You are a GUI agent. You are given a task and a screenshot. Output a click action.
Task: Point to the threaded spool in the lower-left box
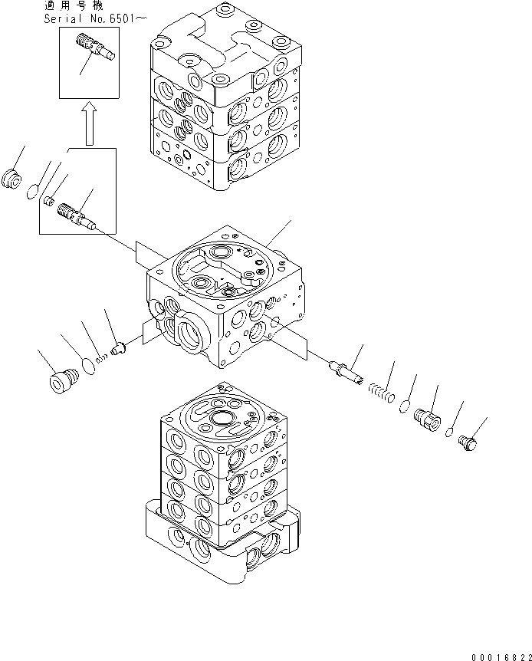click(77, 214)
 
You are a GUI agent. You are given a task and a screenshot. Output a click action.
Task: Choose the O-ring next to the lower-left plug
click(89, 366)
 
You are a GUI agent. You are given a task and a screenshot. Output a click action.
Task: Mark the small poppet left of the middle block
click(118, 349)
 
